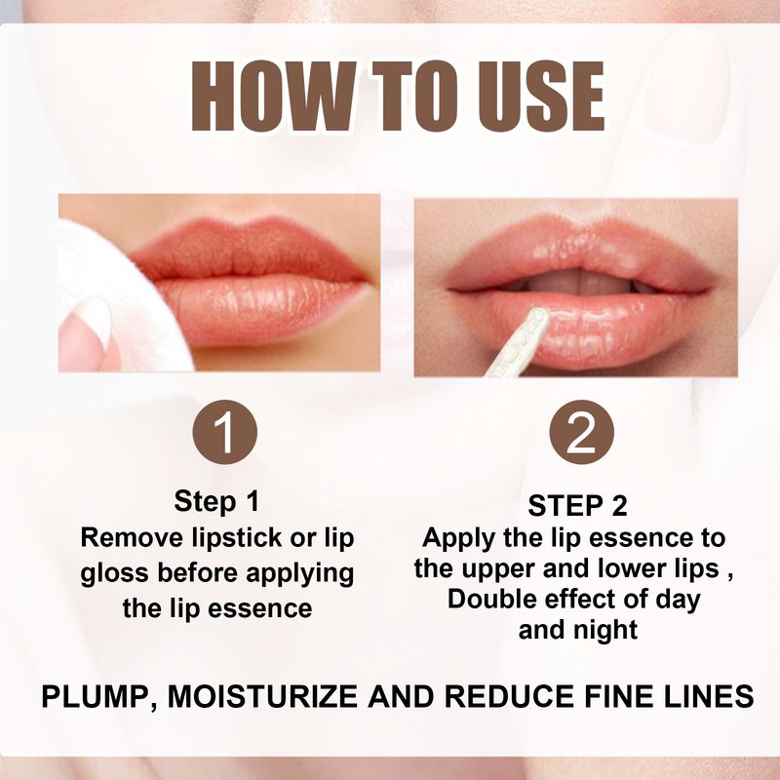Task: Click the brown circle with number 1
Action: click(224, 434)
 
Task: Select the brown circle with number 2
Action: click(581, 434)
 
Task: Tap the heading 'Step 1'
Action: click(216, 502)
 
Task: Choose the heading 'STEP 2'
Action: click(577, 505)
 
